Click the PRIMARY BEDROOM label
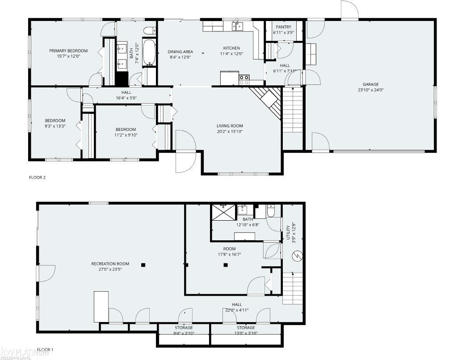[68, 51]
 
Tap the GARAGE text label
[370, 84]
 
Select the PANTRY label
[283, 27]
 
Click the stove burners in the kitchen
[244, 80]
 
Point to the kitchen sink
[237, 27]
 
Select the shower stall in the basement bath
[222, 213]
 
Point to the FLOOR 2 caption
[38, 177]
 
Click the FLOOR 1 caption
[45, 349]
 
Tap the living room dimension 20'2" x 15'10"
[230, 131]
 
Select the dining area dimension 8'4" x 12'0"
[180, 57]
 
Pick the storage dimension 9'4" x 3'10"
[184, 333]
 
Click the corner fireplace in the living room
[267, 100]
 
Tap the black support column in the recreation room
[143, 265]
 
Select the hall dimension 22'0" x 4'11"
[237, 310]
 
